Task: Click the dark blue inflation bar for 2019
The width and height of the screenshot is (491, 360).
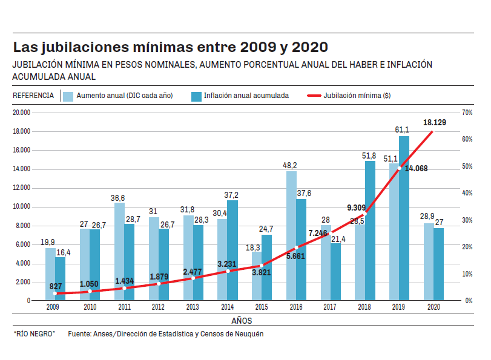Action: (x=404, y=218)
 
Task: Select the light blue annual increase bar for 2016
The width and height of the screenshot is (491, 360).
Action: (x=291, y=236)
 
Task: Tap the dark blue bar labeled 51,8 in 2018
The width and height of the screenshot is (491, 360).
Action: (x=370, y=230)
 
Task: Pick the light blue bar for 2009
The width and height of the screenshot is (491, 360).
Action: (x=50, y=274)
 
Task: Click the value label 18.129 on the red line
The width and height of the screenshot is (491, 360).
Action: (x=435, y=123)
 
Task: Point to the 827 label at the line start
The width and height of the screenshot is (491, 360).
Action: (x=56, y=286)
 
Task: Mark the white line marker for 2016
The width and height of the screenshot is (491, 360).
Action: (x=297, y=247)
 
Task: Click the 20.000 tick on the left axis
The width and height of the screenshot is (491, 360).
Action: (x=22, y=113)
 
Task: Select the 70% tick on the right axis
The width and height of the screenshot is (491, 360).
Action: (x=467, y=113)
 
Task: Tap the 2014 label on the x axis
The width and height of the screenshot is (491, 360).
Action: (x=228, y=308)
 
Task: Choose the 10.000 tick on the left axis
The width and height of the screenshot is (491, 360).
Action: (x=22, y=207)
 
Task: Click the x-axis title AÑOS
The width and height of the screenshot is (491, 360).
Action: (x=242, y=321)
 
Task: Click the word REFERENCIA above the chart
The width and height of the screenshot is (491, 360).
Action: (x=33, y=96)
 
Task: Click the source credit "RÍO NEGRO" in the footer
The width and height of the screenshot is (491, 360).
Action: (x=34, y=333)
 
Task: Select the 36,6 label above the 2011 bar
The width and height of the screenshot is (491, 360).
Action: (x=118, y=198)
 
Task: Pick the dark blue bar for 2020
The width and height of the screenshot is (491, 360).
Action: (x=438, y=264)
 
